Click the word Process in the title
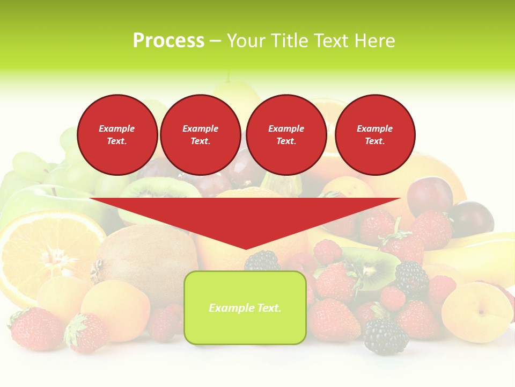point(168,41)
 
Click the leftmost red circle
point(117,134)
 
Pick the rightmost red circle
point(374,134)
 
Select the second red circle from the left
point(200,134)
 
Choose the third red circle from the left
point(286,134)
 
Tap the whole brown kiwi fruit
point(145,253)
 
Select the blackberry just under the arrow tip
point(262,262)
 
